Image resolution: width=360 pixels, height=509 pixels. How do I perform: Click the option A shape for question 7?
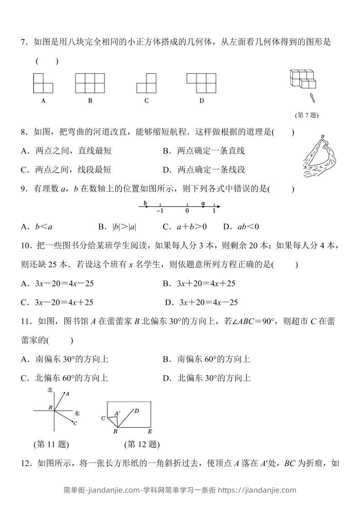pos(43,83)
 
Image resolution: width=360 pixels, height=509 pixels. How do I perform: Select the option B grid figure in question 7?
pos(90,83)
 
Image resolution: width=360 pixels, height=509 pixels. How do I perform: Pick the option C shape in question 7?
pos(146,83)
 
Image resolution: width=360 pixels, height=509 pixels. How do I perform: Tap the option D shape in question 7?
pos(201,83)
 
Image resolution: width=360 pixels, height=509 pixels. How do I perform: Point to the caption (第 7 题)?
pos(307,116)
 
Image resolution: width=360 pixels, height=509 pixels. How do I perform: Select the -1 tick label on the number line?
pos(159,211)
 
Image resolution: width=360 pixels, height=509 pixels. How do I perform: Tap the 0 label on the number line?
pos(187,211)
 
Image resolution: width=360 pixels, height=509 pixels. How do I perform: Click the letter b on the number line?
pos(145,203)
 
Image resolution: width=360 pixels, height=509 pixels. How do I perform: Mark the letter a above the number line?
pos(203,203)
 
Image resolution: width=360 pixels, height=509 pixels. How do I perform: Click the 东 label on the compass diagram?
pos(77,413)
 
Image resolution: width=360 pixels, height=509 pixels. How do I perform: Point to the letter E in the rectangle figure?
pos(149,431)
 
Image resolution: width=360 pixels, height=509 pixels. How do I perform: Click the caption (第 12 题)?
pos(141,444)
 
